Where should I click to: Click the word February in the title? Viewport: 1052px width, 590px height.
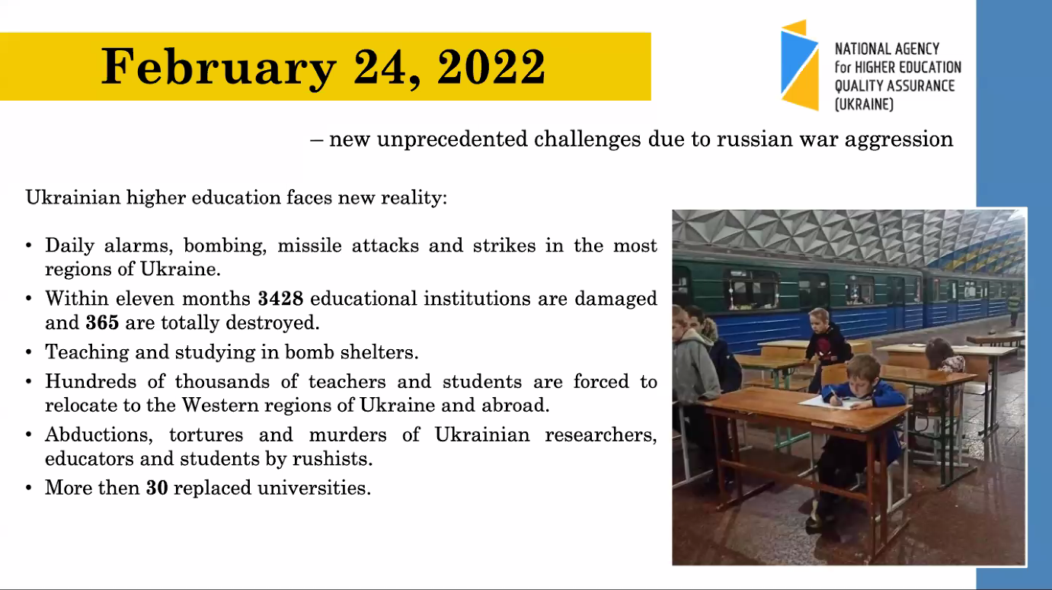click(x=219, y=67)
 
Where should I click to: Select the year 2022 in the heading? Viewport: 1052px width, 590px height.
click(x=491, y=66)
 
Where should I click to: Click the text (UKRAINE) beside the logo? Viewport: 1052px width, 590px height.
click(x=864, y=104)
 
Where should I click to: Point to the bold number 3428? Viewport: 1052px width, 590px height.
click(x=281, y=299)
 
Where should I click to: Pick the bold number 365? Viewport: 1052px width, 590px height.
click(x=102, y=323)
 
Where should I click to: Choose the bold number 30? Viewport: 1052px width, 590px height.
click(x=157, y=488)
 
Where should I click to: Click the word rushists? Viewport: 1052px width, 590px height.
click(x=332, y=459)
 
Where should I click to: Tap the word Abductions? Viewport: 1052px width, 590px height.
click(x=99, y=434)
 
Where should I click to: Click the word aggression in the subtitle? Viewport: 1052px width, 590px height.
click(x=899, y=140)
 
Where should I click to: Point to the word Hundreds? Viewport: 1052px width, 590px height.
click(x=91, y=381)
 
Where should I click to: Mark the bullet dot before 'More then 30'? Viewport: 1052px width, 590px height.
click(x=29, y=489)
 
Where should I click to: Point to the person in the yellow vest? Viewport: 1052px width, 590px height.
click(x=1014, y=308)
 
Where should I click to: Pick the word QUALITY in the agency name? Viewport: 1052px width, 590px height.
click(x=859, y=86)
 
